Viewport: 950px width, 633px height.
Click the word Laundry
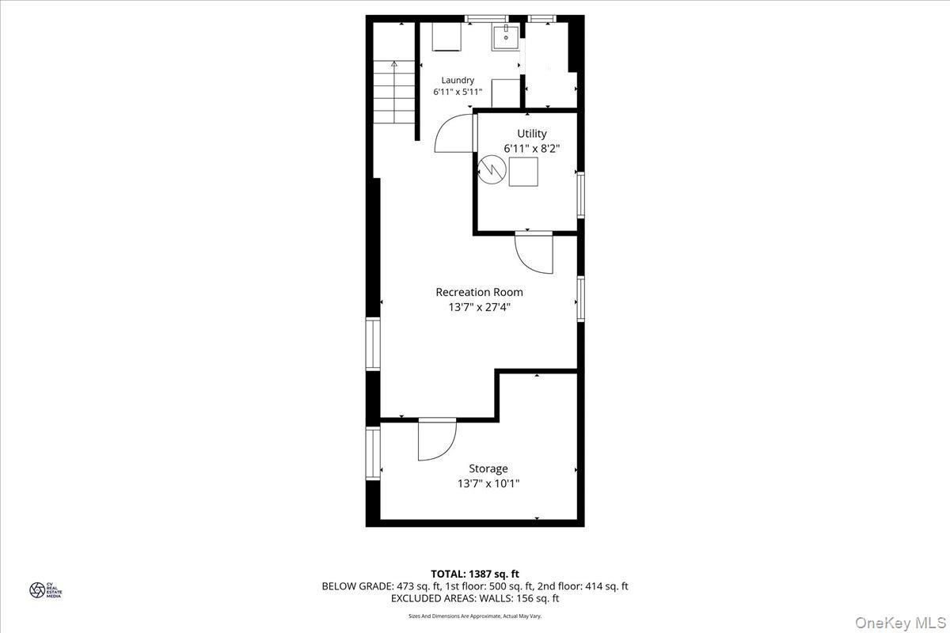(x=458, y=80)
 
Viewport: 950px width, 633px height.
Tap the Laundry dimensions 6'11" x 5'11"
(x=458, y=92)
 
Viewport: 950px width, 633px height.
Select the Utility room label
(x=532, y=134)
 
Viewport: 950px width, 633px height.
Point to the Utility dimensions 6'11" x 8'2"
(x=532, y=148)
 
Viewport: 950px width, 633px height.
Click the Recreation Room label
(x=479, y=292)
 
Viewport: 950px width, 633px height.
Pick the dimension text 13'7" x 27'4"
(x=479, y=307)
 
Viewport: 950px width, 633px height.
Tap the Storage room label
(x=488, y=468)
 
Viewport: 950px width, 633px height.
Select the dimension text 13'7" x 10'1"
(x=488, y=483)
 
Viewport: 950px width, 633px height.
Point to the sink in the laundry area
(x=505, y=37)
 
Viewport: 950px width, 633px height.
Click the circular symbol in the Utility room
(x=491, y=169)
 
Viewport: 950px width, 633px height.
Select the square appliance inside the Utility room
(x=523, y=172)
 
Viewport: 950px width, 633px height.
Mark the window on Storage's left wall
(x=373, y=453)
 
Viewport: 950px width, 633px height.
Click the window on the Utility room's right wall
(x=580, y=195)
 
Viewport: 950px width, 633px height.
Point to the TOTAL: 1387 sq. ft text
(x=475, y=574)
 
